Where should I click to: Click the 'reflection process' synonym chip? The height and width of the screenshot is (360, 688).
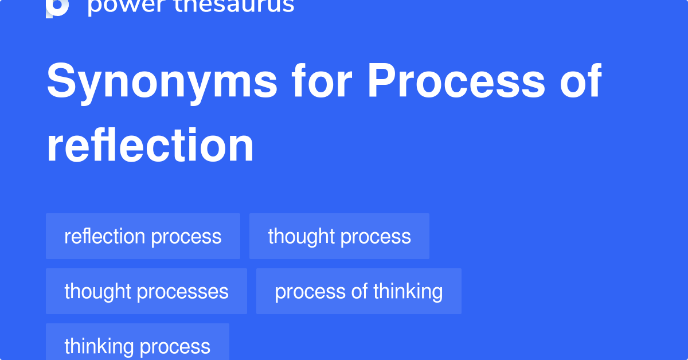pyautogui.click(x=143, y=236)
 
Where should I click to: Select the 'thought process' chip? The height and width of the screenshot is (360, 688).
pyautogui.click(x=339, y=236)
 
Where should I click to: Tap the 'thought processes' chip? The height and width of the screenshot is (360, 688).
pyautogui.click(x=146, y=291)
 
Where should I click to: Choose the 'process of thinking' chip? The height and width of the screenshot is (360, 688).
pyautogui.click(x=359, y=291)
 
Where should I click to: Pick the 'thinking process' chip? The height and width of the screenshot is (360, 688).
pyautogui.click(x=137, y=346)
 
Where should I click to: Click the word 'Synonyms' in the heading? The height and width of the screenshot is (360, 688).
pyautogui.click(x=162, y=82)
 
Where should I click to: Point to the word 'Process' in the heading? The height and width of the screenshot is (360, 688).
pyautogui.click(x=456, y=81)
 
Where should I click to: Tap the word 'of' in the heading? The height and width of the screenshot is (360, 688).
pyautogui.click(x=580, y=81)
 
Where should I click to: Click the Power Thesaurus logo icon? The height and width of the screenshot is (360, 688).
pyautogui.click(x=57, y=7)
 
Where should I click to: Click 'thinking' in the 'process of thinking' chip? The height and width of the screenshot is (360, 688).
pyautogui.click(x=408, y=291)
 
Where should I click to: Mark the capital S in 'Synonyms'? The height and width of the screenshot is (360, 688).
pyautogui.click(x=61, y=81)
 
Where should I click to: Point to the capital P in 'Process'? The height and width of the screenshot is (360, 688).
pyautogui.click(x=382, y=81)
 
